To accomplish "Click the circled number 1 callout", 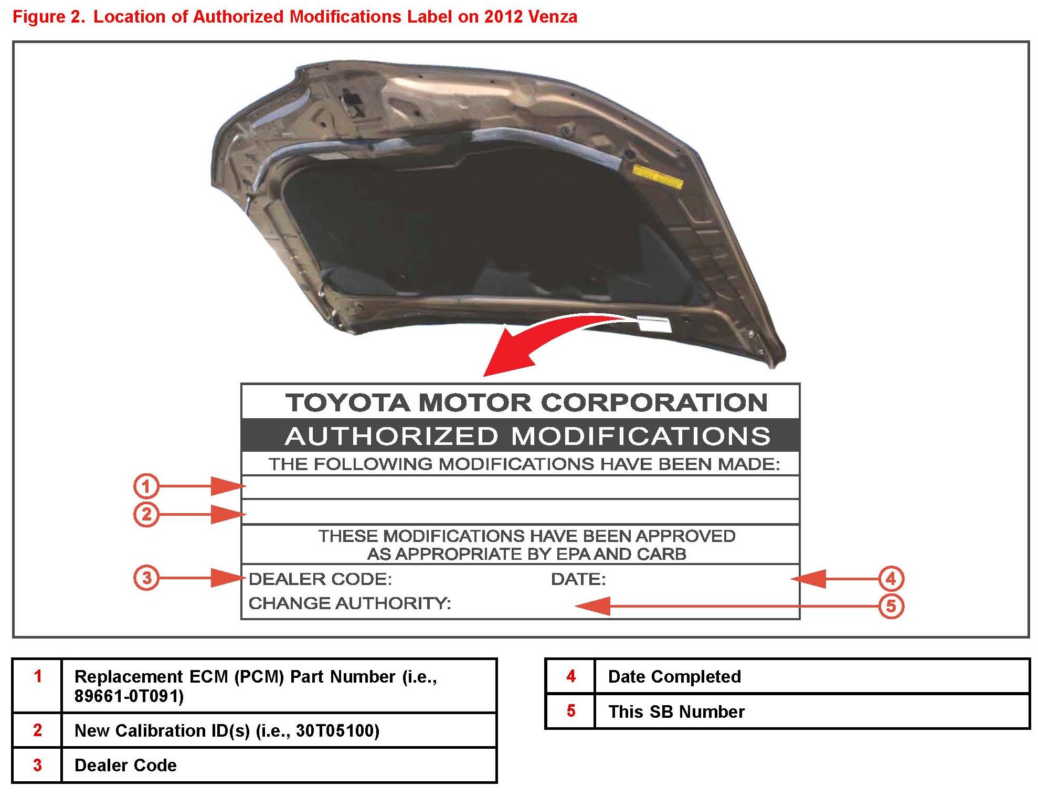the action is tap(146, 486).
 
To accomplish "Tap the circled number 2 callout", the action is tap(146, 514).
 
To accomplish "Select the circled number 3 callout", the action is tap(146, 578).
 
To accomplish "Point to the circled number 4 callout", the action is tap(891, 579).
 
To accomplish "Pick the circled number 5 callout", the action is tap(891, 607).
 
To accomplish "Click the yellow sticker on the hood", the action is tap(657, 176).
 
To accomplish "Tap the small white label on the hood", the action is tap(654, 324).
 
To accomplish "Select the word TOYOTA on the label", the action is tap(347, 403).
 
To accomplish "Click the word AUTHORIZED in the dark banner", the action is tap(391, 436).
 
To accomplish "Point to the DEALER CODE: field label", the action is tap(320, 579).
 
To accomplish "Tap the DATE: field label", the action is tap(578, 579).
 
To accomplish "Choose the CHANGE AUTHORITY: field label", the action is tap(349, 603).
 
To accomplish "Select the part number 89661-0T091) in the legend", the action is tap(129, 696).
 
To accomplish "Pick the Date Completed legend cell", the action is tap(674, 676).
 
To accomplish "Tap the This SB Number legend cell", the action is tap(676, 711).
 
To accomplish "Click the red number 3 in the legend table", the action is tap(37, 765).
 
